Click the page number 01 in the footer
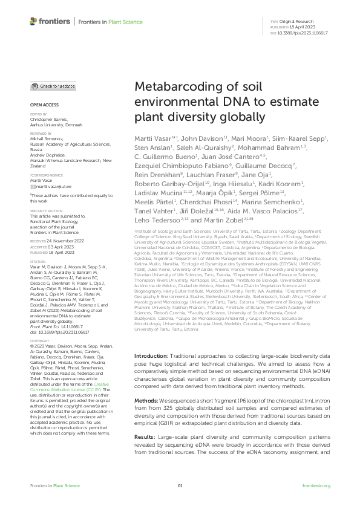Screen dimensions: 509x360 (x=180, y=485)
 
